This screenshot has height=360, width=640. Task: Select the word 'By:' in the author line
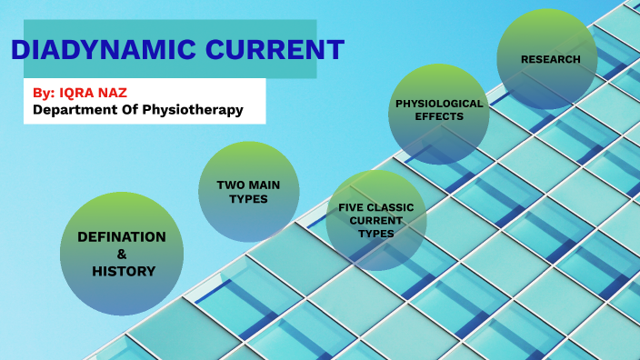tap(44, 93)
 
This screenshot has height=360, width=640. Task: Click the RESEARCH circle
tap(546, 59)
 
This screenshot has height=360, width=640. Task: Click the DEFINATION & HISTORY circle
tap(122, 254)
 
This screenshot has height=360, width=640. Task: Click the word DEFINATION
tap(122, 237)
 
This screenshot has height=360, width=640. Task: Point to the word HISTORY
tap(124, 271)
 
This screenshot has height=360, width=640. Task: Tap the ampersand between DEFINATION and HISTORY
tap(122, 254)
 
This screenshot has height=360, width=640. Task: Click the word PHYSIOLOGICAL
tap(438, 104)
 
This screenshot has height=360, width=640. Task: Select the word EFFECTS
tap(438, 116)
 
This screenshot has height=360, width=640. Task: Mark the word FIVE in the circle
tap(352, 207)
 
